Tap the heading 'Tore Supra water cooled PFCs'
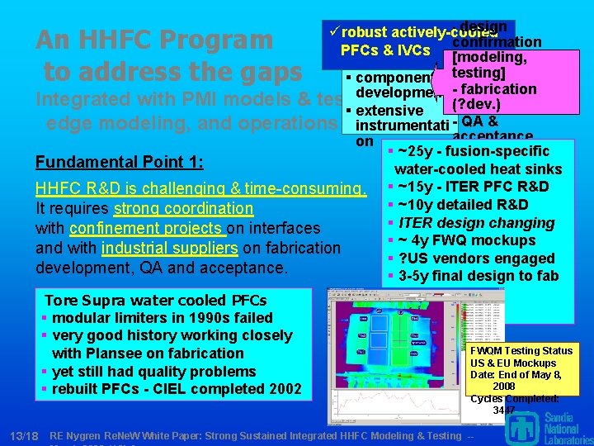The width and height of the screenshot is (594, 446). coord(155,300)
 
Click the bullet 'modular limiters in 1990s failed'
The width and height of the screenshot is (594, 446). coord(162,318)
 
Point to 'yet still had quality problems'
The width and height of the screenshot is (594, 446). coord(153,372)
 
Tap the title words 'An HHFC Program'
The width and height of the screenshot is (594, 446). coord(154,40)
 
